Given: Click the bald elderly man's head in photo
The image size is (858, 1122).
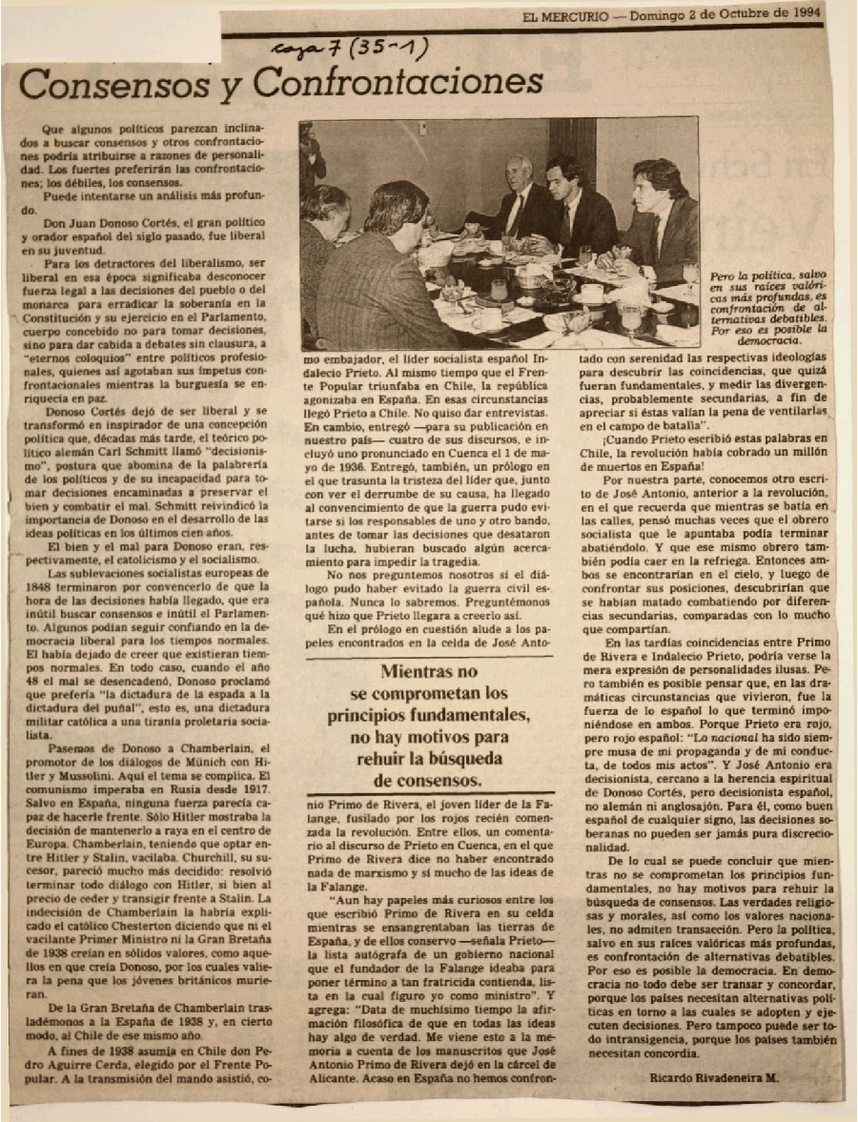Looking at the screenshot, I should point(521,171).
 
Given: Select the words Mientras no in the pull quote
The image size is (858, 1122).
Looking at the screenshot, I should point(430,672).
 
